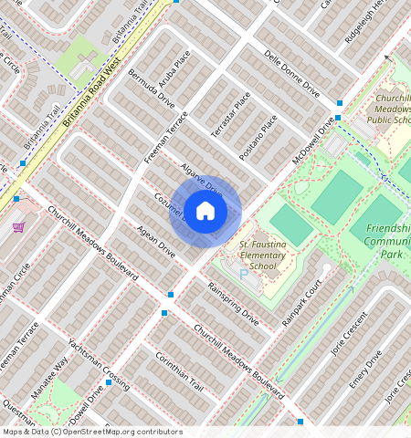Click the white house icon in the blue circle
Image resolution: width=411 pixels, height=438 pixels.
tap(205, 212)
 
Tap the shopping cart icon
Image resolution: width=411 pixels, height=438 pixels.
tap(18, 227)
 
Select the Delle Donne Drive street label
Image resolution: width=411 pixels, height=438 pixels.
tap(291, 80)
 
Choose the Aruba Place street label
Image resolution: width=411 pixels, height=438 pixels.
tap(174, 69)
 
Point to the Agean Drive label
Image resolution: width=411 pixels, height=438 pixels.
tap(155, 239)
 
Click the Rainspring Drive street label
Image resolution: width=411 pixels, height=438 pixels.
tap(233, 303)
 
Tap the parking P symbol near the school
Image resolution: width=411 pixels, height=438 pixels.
tap(243, 274)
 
